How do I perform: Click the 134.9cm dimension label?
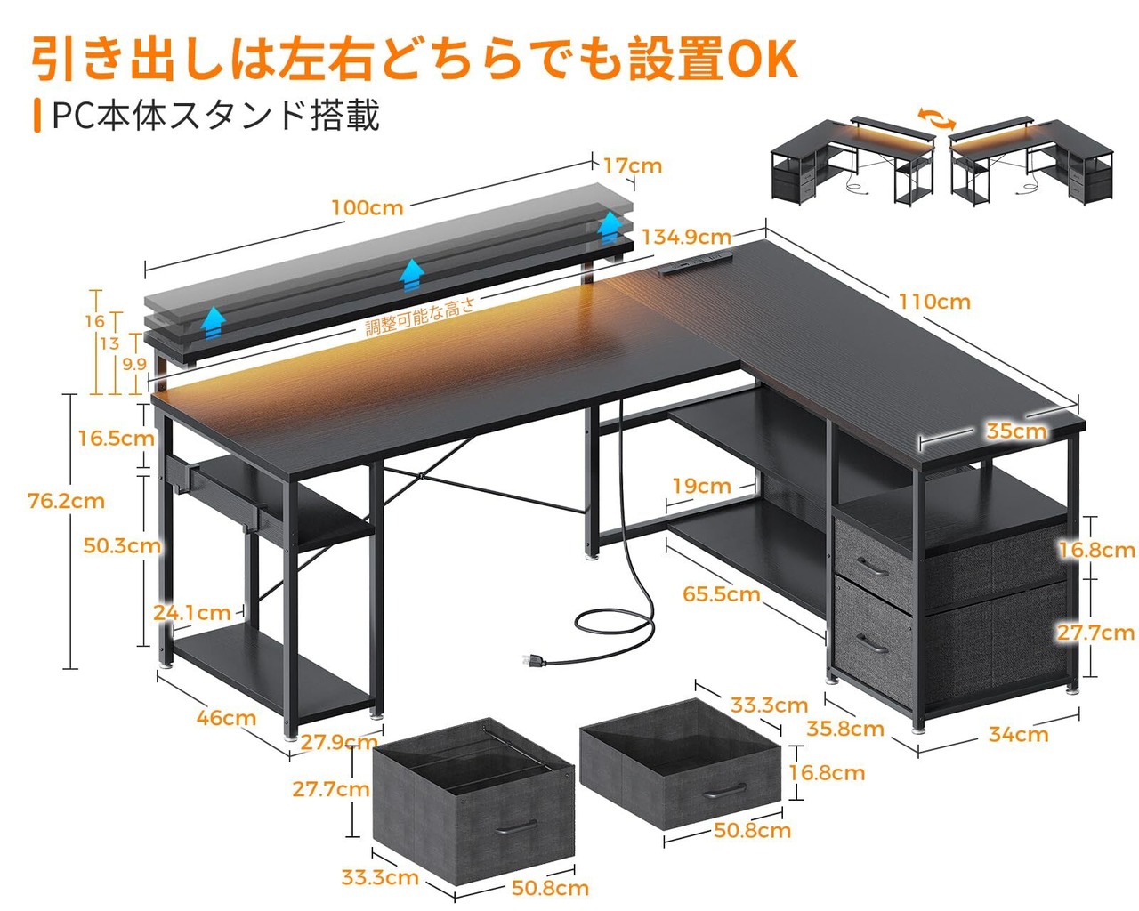pos(686,237)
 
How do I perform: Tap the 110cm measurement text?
pos(934,302)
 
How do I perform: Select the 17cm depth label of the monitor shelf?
pos(633,165)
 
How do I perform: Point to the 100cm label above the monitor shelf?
pos(368,207)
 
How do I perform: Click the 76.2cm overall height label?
pos(66,501)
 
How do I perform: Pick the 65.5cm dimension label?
pos(721,594)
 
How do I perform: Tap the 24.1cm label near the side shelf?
pos(191,613)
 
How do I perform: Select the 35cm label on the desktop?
pos(1016,431)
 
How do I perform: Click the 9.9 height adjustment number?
pos(134,364)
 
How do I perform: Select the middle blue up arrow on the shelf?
pos(412,275)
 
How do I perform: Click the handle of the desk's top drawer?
pos(872,568)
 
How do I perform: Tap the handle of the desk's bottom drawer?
pos(872,645)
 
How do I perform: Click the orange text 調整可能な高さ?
pos(420,317)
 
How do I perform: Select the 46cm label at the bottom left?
pos(226,718)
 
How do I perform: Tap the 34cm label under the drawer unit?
pos(1018,734)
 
